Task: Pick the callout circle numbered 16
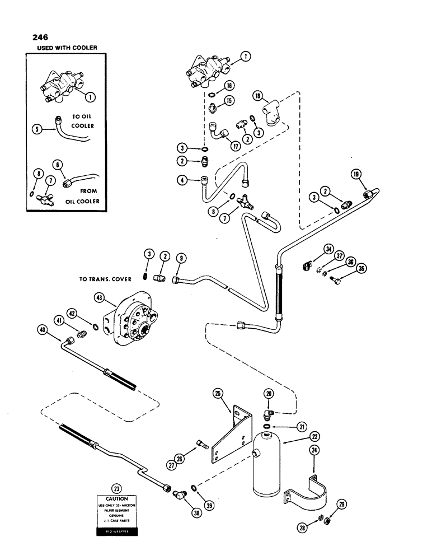click(x=229, y=86)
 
